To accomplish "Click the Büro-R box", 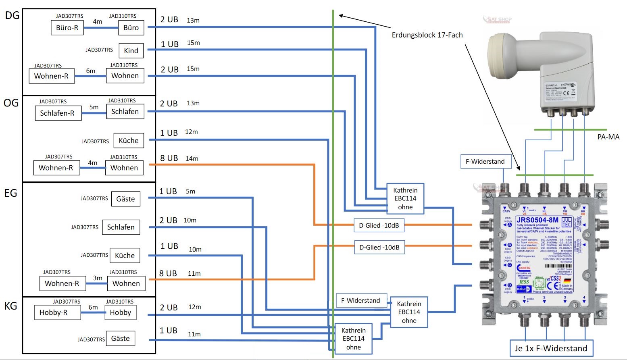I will click(x=67, y=28).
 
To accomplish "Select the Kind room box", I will click(x=131, y=50).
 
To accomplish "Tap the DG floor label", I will click(x=12, y=16).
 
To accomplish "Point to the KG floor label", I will click(x=10, y=306).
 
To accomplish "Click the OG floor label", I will click(x=11, y=103).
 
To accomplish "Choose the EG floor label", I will click(x=10, y=193).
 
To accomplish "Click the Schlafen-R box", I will click(x=57, y=113).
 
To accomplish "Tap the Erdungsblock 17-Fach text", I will click(x=427, y=35).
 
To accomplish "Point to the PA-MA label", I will click(x=608, y=137).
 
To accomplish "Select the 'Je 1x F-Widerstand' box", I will click(x=551, y=348).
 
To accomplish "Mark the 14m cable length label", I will click(x=192, y=158).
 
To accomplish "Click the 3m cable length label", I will click(x=98, y=278).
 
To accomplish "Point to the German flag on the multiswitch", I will click(x=567, y=280).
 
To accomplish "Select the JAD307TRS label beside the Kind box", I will click(x=99, y=50).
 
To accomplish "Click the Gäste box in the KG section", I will click(x=121, y=339).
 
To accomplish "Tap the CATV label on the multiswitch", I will click(x=506, y=211).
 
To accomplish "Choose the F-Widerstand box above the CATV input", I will click(x=485, y=162).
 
